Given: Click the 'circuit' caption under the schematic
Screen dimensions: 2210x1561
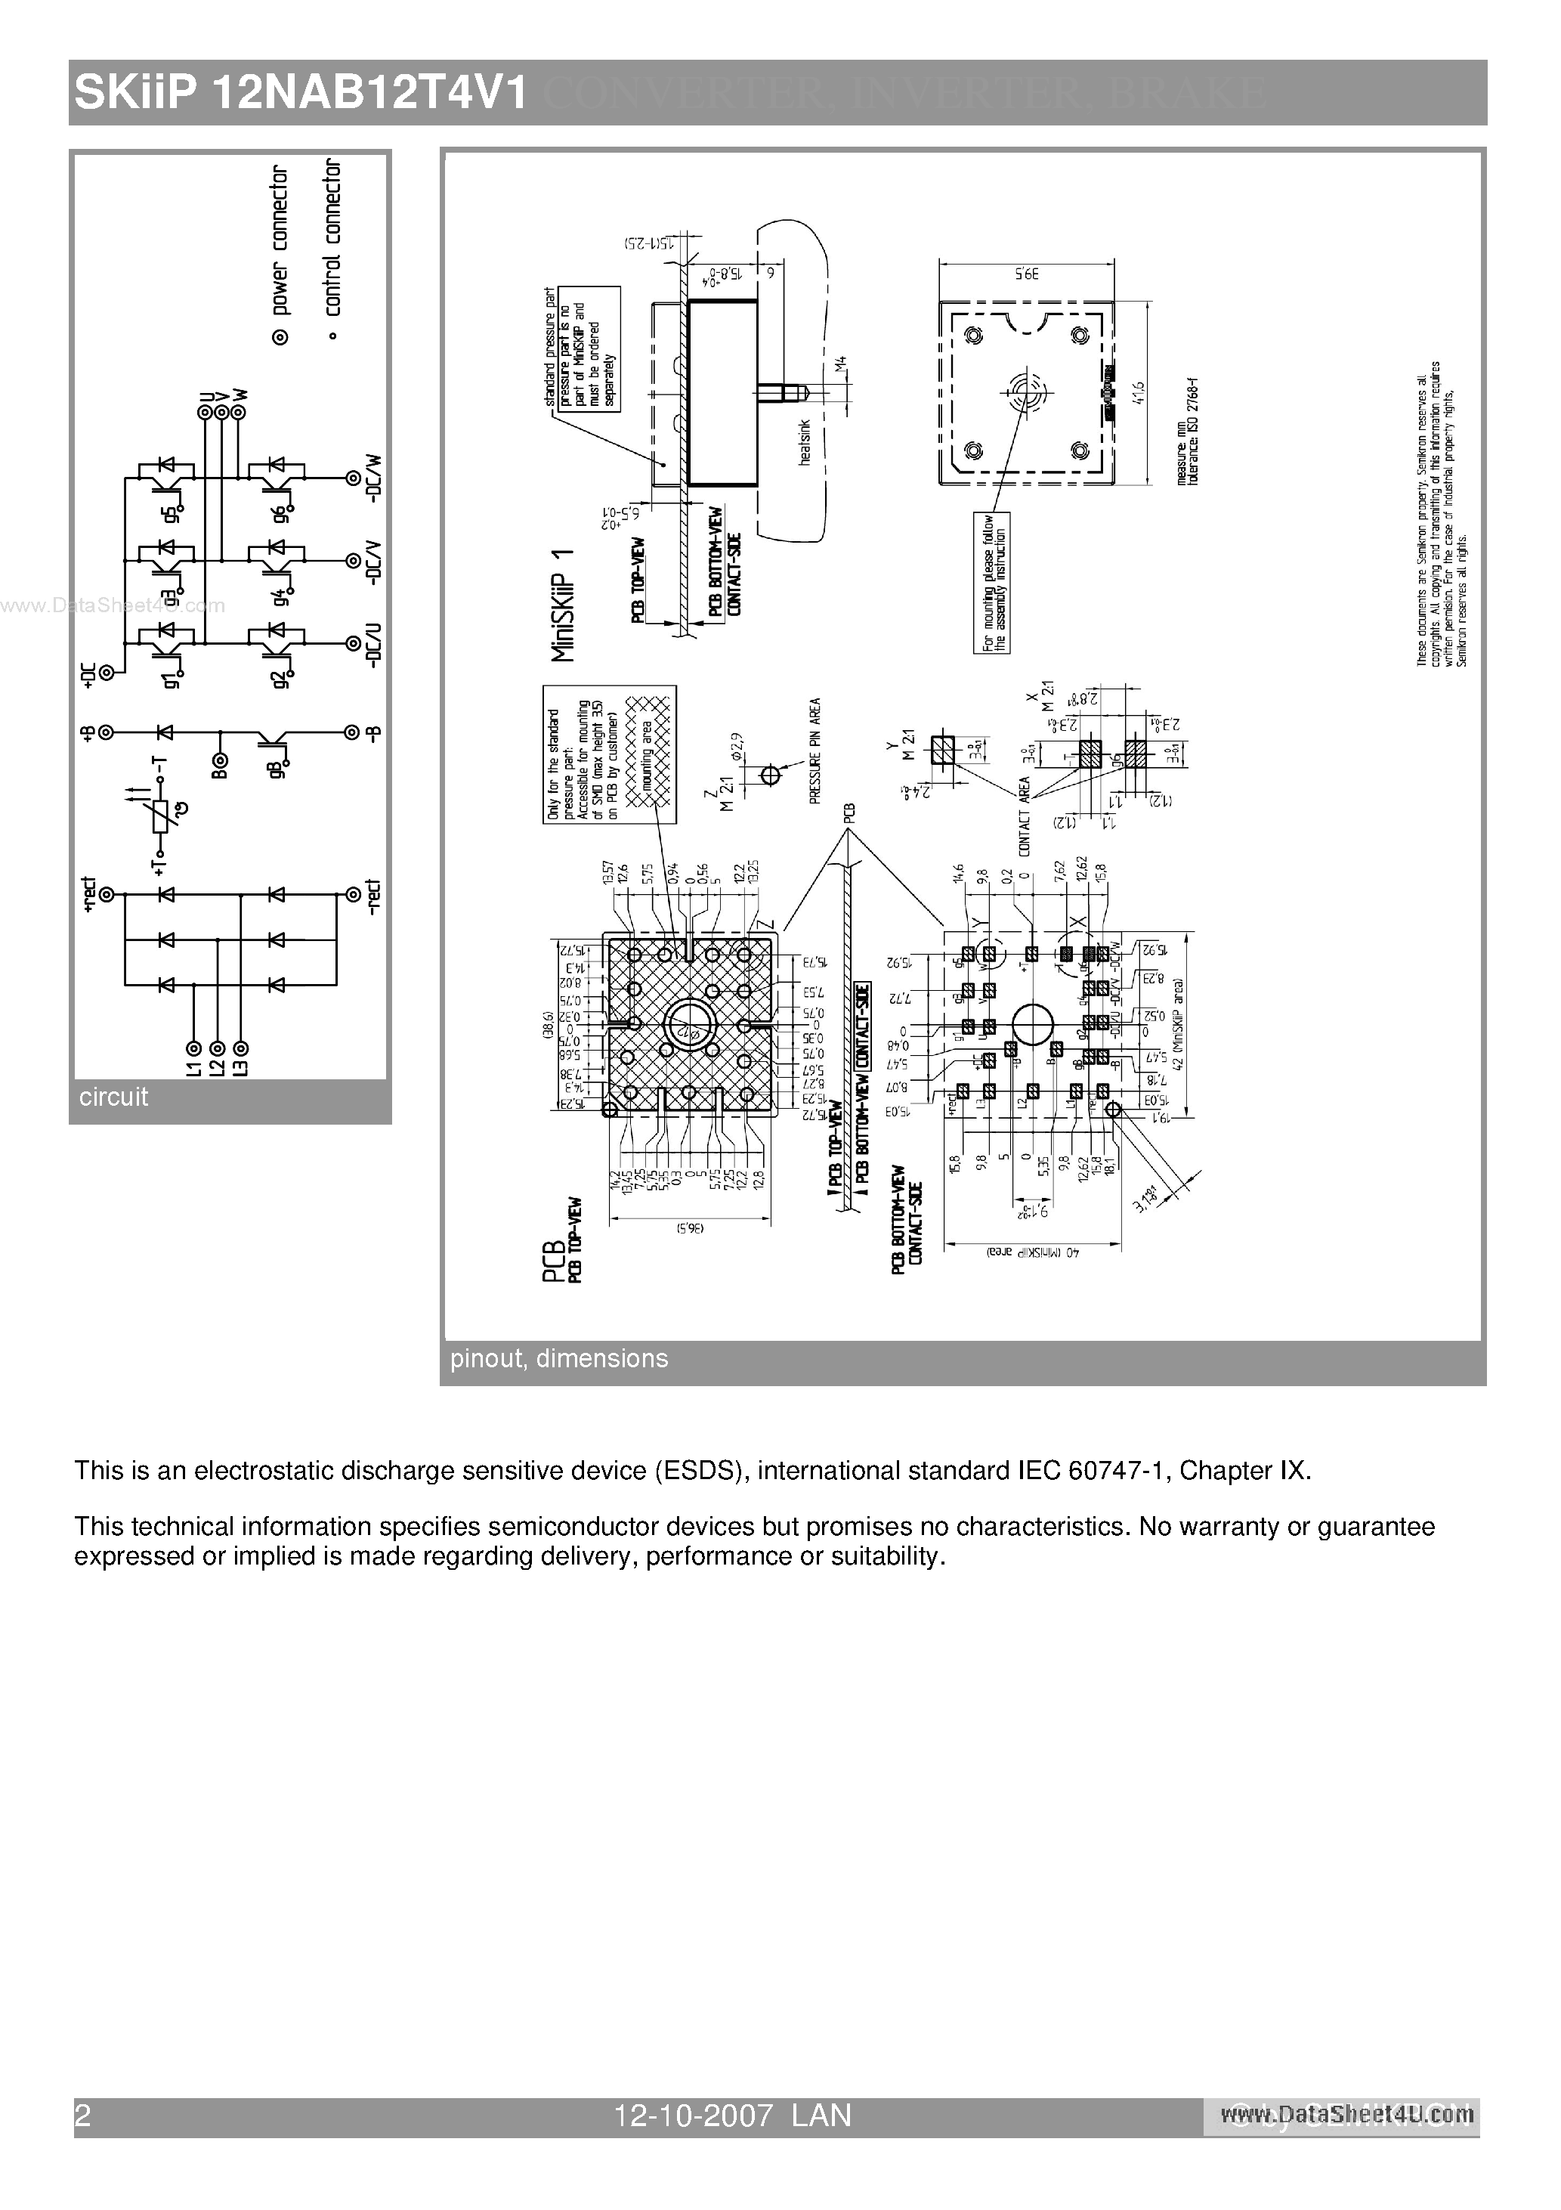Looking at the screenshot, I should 113,1097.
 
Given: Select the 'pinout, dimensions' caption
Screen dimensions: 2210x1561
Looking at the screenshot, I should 558,1358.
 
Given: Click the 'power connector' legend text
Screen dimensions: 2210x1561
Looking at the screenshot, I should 279,240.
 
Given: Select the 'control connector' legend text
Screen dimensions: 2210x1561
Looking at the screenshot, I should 332,238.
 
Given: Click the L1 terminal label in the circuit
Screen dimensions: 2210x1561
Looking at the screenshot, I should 193,1067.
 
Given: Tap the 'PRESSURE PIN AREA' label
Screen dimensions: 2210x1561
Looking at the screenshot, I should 815,751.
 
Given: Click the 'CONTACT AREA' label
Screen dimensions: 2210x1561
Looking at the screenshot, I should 1024,816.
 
